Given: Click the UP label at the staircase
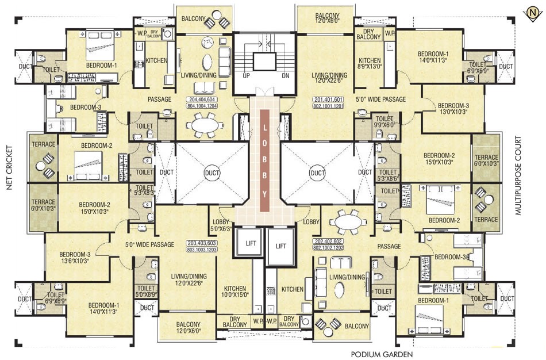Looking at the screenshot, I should tap(246, 76).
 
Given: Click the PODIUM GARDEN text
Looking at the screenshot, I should tap(382, 354).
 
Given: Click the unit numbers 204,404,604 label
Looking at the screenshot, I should tap(207, 103).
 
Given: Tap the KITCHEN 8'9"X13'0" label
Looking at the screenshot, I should tap(370, 64).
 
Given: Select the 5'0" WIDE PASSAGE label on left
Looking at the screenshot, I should tap(149, 245).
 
